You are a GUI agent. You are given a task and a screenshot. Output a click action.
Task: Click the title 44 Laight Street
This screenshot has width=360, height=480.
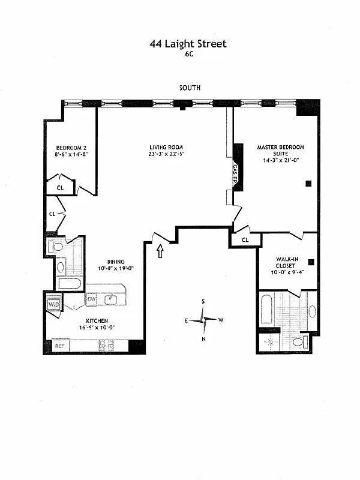pyautogui.click(x=188, y=43)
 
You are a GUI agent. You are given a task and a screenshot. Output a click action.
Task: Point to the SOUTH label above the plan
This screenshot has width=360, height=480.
pyautogui.click(x=190, y=88)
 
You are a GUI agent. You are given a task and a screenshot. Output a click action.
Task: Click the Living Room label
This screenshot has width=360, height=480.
pyautogui.click(x=166, y=147)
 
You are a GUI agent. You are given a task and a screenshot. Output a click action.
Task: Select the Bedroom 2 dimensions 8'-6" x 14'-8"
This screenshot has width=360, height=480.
pyautogui.click(x=71, y=154)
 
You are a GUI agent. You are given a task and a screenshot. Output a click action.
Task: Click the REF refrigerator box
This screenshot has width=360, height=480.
pyautogui.click(x=59, y=346)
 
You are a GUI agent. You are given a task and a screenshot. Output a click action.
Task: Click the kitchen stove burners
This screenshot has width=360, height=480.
pyautogui.click(x=106, y=346)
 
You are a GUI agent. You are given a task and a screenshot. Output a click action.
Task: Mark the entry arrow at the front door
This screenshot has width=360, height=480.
pyautogui.click(x=160, y=251)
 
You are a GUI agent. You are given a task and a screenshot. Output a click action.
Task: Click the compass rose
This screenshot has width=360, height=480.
pyautogui.click(x=204, y=320)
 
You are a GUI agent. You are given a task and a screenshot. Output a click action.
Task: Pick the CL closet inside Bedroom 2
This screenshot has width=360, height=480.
pyautogui.click(x=60, y=187)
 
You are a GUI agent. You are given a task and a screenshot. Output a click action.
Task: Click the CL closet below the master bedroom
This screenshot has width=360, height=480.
pyautogui.click(x=245, y=240)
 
